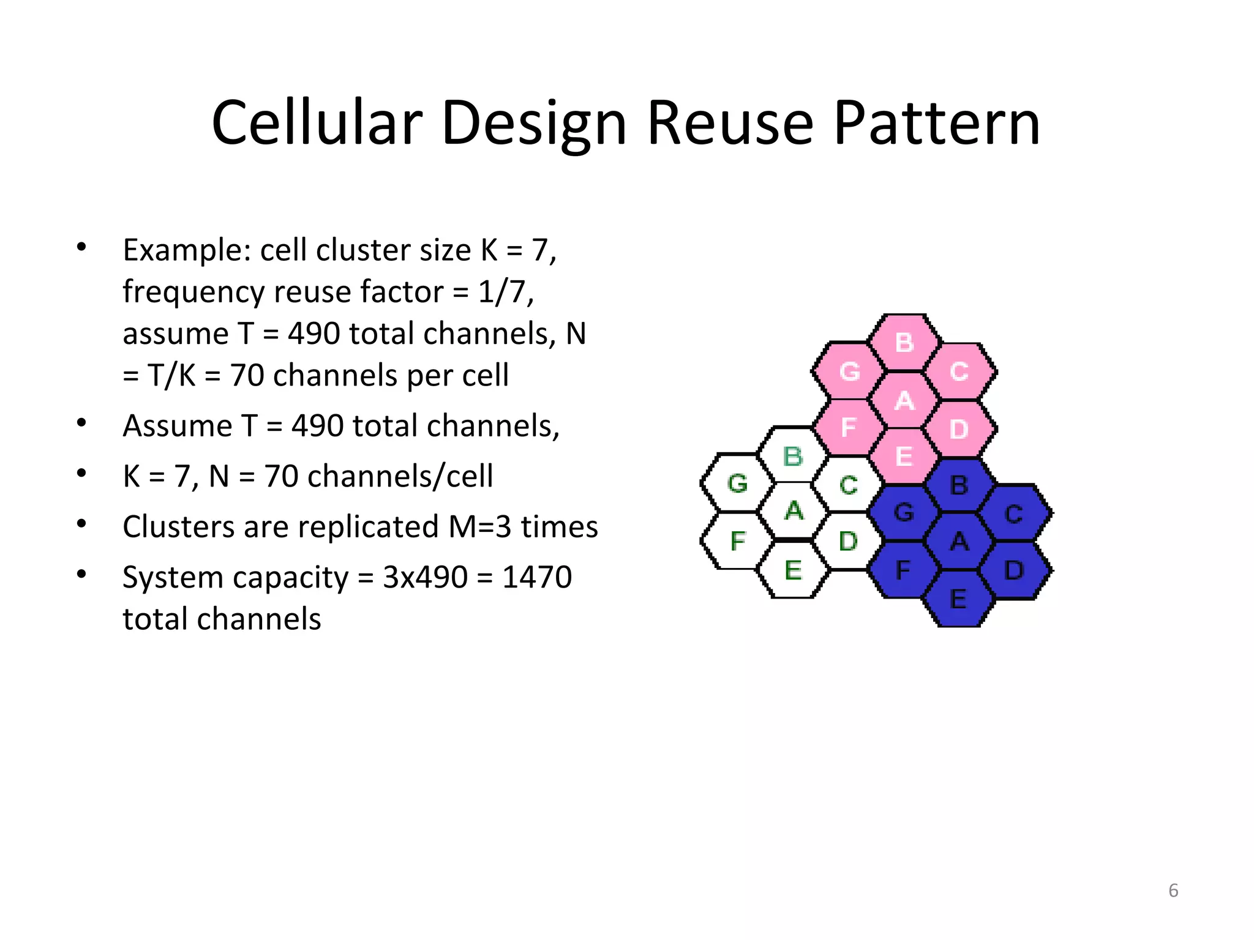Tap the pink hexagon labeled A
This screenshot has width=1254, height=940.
point(904,401)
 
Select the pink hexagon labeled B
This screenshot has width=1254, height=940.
point(904,343)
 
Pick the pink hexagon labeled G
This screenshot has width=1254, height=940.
point(849,371)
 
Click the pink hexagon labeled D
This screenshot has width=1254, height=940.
point(959,429)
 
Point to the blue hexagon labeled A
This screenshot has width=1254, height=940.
point(959,542)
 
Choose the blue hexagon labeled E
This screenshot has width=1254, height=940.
point(958,599)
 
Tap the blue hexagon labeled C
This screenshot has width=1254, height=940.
point(1014,513)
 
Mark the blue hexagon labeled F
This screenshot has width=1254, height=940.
point(903,570)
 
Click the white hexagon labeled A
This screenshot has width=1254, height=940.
point(794,510)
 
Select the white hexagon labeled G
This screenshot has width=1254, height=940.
point(737,483)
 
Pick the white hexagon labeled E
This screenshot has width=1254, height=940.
point(793,570)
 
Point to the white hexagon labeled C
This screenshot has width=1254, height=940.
point(848,485)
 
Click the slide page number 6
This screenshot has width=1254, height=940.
point(1173,890)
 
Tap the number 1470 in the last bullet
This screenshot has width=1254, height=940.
point(537,577)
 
